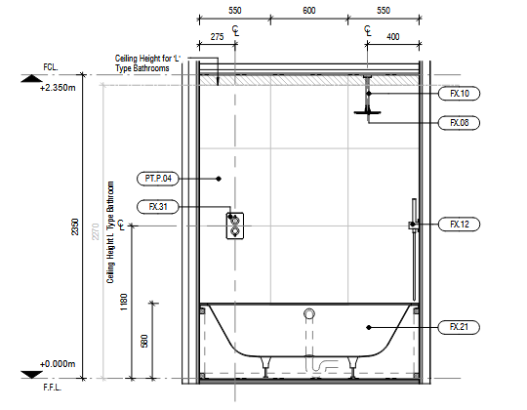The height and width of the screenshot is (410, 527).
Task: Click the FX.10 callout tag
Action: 459,94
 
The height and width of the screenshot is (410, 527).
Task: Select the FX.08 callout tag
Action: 459,123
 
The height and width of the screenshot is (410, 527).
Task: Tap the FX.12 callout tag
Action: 459,225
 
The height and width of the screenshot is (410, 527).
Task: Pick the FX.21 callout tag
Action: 459,327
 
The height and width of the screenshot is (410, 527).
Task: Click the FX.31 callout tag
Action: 158,207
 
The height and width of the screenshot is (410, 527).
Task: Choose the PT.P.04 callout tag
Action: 158,178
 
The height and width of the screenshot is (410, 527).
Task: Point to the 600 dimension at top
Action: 309,11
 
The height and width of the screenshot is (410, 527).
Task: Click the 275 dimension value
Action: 217,37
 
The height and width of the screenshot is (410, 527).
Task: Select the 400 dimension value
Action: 393,37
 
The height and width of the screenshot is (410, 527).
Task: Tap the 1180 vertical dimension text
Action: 124,302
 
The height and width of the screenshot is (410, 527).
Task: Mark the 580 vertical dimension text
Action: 144,341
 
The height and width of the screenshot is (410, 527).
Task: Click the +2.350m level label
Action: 58,88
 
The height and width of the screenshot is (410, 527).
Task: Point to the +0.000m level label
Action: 58,364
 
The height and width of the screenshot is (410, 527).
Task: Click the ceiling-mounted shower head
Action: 367,112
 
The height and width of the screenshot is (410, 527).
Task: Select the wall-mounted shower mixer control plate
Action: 235,225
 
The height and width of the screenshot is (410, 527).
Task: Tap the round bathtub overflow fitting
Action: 309,313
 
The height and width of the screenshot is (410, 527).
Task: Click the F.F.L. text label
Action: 53,388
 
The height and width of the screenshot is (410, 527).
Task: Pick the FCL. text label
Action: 51,67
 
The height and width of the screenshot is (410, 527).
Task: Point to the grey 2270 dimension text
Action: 96,231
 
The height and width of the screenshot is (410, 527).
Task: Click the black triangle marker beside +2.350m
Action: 32,78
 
